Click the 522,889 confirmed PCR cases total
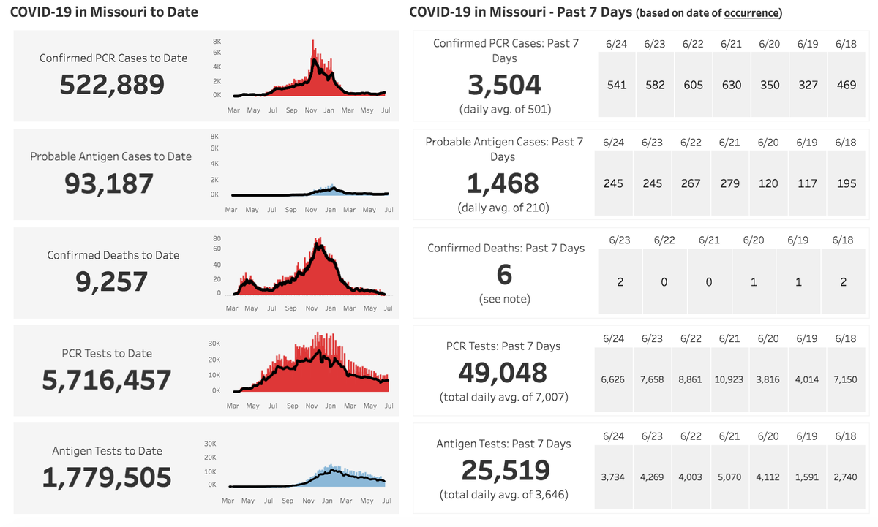pos(112,85)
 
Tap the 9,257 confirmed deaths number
pos(112,281)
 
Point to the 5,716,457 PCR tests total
pos(107,380)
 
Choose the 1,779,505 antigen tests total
pos(107,478)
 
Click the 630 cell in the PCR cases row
pos(731,85)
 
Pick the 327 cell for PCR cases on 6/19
pos(807,85)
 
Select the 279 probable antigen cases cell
pos(731,183)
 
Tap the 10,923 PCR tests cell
pos(731,380)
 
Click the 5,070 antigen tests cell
pos(731,477)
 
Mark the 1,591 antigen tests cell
pos(807,477)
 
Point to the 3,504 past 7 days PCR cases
pos(505,85)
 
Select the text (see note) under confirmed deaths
pos(505,299)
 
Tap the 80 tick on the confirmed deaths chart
pos(217,238)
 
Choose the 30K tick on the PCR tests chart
pos(215,343)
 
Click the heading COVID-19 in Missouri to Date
pos(104,12)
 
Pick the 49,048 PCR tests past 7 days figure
pos(503,373)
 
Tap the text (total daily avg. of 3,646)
pos(504,495)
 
